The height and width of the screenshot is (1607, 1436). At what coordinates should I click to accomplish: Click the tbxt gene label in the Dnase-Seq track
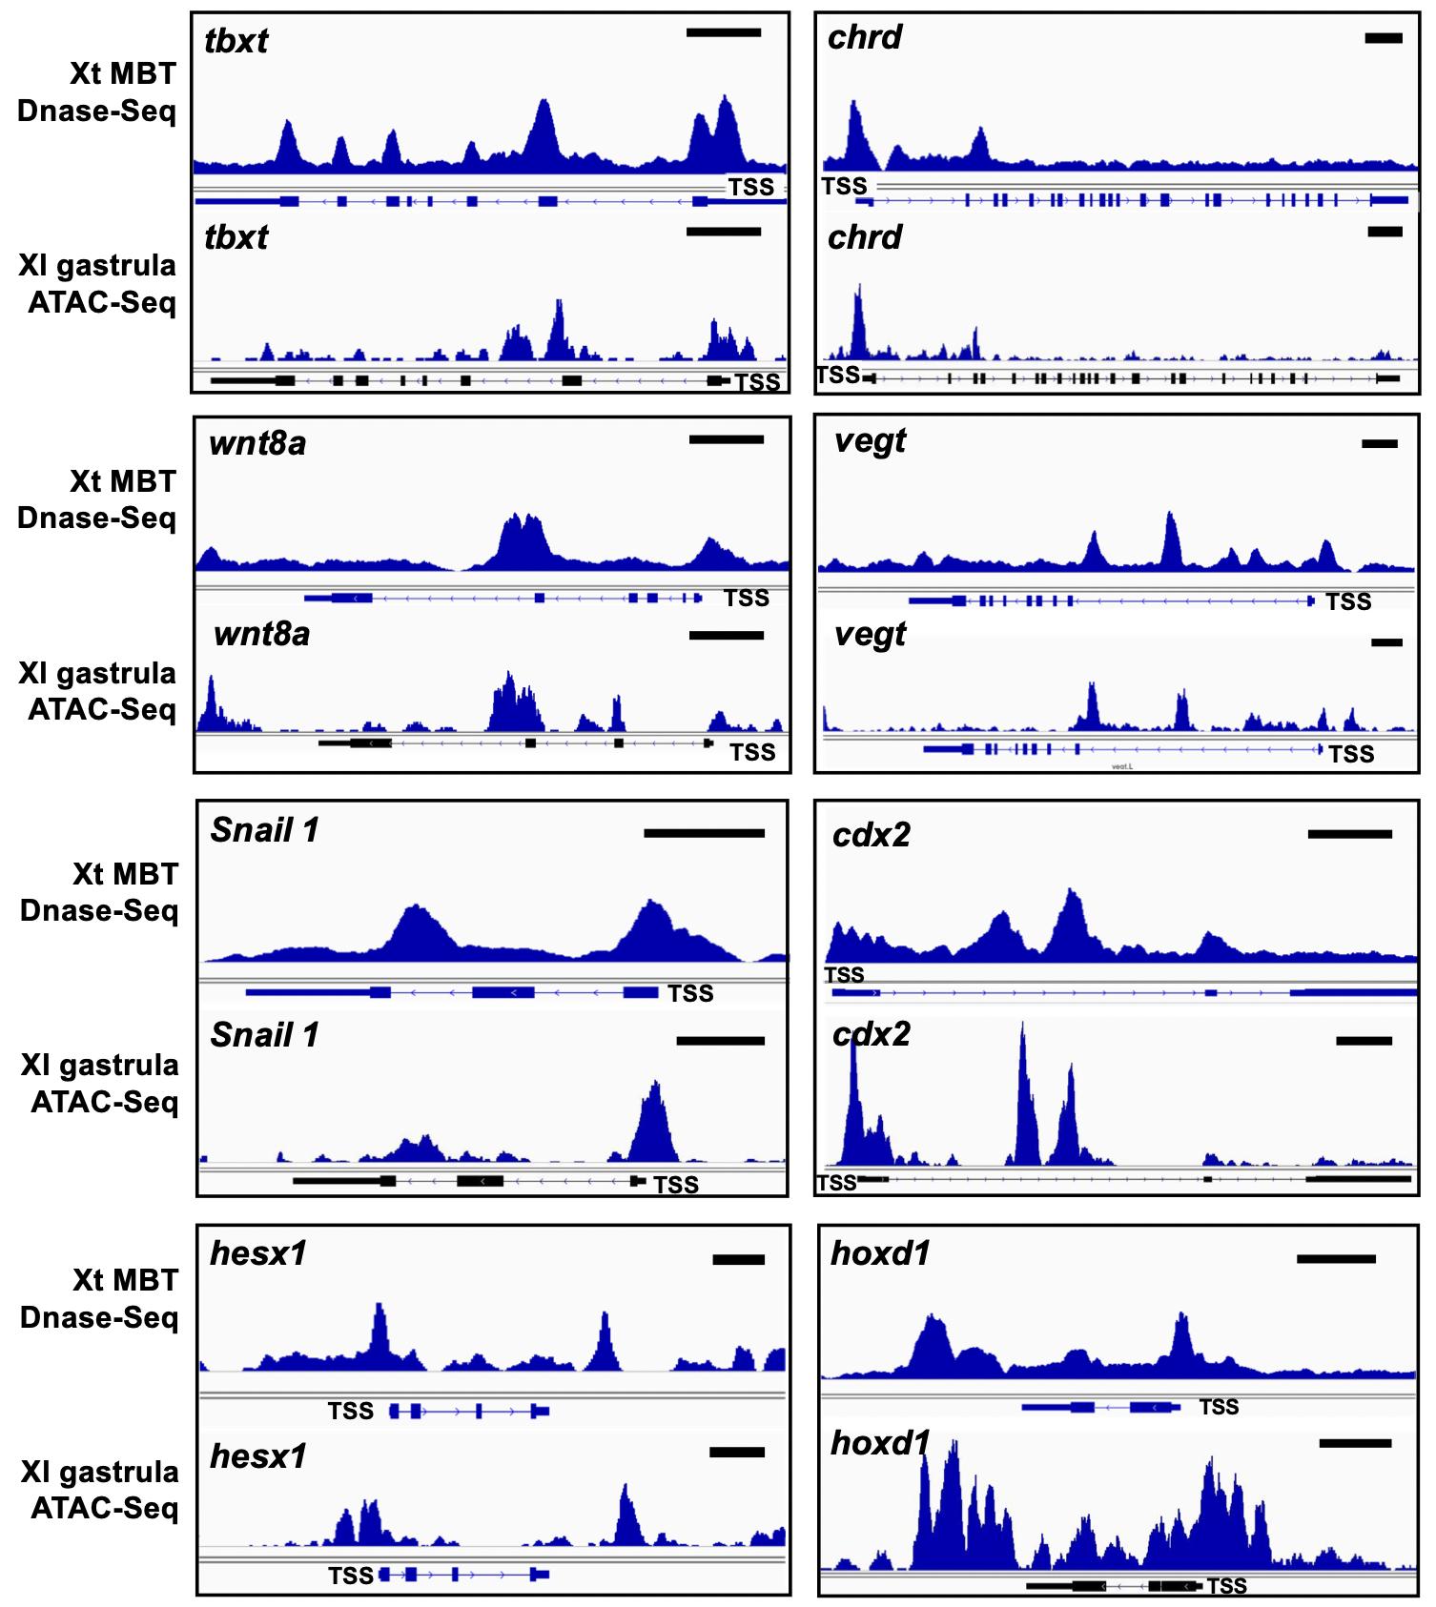click(236, 41)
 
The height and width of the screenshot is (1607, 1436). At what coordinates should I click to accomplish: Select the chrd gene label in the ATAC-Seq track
click(864, 237)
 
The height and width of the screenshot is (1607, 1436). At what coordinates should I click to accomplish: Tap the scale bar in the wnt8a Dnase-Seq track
click(726, 440)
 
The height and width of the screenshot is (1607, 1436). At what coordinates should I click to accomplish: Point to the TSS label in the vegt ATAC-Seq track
click(1351, 754)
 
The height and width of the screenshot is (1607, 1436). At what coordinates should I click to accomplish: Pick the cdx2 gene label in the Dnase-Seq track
click(871, 835)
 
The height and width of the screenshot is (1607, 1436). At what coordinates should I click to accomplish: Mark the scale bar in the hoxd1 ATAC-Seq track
click(1355, 1443)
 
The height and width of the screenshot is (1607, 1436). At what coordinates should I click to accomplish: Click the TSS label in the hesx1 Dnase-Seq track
click(350, 1411)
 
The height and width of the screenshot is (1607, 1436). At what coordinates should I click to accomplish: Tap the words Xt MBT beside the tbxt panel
click(122, 73)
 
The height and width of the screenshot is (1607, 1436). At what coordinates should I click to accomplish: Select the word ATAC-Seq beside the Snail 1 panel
click(104, 1102)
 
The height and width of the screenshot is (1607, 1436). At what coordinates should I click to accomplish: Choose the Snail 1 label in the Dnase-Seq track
click(264, 830)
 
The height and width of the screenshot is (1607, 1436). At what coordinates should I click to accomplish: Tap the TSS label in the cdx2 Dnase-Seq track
click(844, 974)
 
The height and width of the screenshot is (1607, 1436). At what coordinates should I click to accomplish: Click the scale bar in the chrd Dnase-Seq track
click(1384, 38)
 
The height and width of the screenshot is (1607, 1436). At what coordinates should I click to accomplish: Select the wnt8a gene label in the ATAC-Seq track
click(261, 634)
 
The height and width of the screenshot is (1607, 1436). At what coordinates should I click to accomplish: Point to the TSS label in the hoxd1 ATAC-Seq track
click(1226, 1586)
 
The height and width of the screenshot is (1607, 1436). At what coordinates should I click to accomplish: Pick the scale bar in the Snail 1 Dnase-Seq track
click(704, 833)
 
